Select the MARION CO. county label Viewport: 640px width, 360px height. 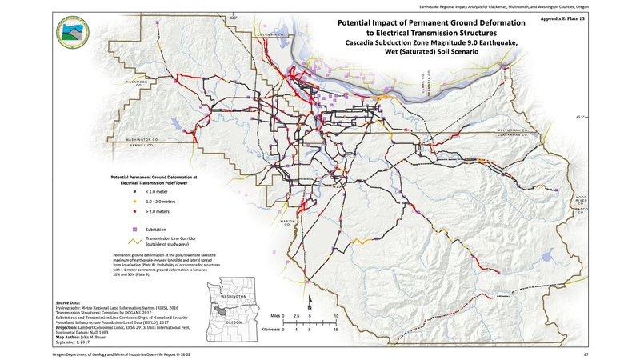click(279, 225)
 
